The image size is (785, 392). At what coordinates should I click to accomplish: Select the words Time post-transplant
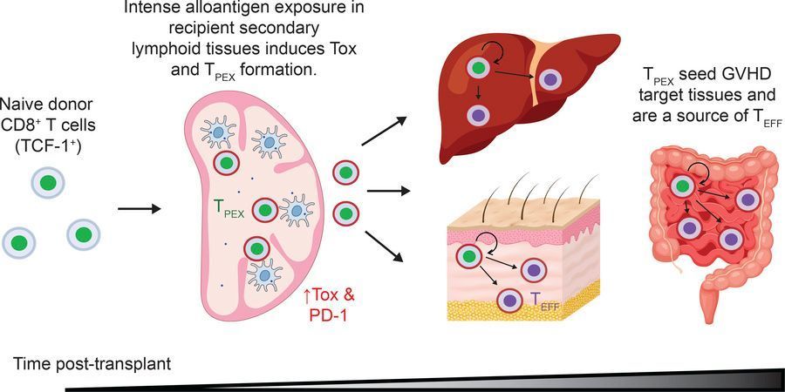click(92, 364)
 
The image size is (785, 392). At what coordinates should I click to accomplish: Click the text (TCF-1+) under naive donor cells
click(48, 148)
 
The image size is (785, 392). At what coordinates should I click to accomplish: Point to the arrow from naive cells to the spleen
click(140, 208)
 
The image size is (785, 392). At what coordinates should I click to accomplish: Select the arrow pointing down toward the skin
click(384, 246)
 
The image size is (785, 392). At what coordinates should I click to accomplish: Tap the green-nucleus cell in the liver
click(479, 67)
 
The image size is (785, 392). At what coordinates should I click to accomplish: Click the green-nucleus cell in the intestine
click(681, 186)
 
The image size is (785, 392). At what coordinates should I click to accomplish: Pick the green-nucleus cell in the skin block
click(468, 256)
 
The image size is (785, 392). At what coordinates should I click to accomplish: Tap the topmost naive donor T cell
click(48, 182)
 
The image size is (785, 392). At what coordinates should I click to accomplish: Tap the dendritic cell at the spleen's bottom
click(262, 274)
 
